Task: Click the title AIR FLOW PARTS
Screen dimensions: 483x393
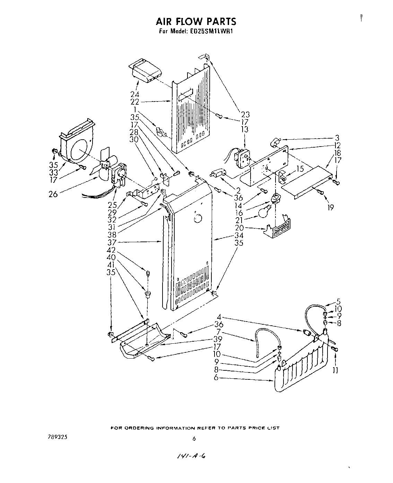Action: point(196,21)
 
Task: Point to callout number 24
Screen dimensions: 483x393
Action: point(135,94)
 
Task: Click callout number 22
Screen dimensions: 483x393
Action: point(135,102)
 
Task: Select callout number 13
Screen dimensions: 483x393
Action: point(245,129)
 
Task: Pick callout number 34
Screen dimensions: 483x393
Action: point(239,236)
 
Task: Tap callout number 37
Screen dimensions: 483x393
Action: point(111,243)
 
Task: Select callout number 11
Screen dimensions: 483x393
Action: point(335,371)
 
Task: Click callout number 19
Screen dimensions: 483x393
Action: point(330,208)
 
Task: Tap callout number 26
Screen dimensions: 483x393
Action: point(53,194)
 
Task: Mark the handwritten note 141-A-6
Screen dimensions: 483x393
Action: point(191,457)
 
